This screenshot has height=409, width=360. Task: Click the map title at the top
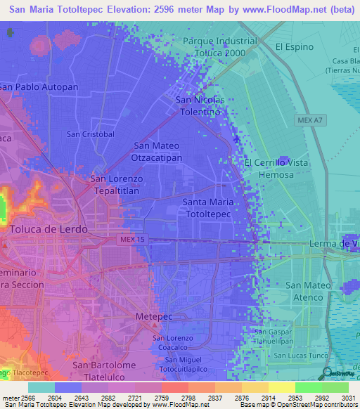179,9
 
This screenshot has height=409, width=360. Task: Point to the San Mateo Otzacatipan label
157,152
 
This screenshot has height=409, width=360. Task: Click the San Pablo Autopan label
39,86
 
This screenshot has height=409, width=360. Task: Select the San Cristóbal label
90,134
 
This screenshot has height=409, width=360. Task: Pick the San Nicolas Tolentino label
200,106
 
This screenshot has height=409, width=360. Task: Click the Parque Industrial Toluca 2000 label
219,46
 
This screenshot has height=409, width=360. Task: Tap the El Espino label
294,47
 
